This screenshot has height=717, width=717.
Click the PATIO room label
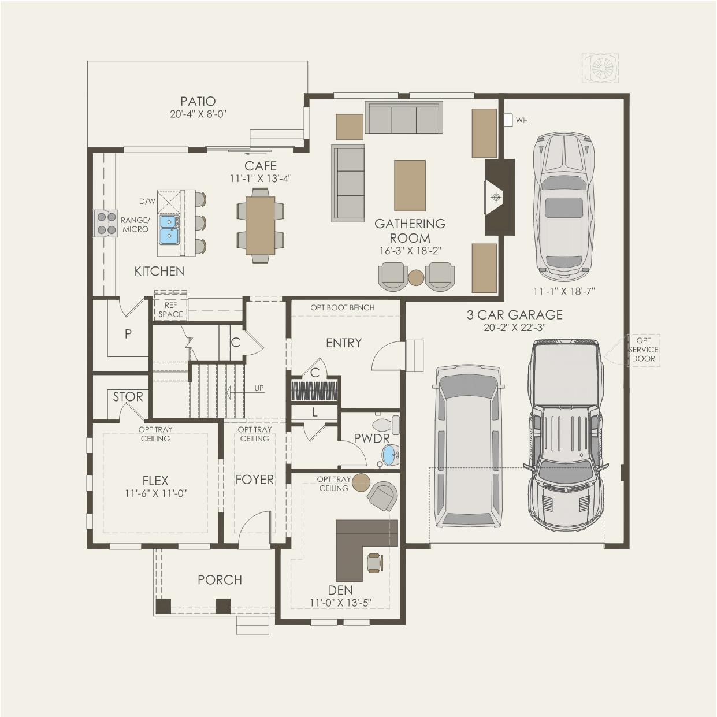(198, 101)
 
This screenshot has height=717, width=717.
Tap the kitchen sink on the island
(170, 229)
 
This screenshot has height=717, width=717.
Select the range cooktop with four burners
(106, 223)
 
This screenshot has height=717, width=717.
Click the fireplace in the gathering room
(500, 197)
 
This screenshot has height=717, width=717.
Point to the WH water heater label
(522, 121)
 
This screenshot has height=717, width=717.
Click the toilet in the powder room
(386, 425)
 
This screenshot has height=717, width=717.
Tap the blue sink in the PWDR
(391, 454)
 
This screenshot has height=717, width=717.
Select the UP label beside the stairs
(259, 388)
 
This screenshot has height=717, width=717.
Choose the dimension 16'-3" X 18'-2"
(410, 251)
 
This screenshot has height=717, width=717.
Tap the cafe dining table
(261, 225)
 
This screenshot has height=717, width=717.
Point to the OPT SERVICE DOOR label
(643, 350)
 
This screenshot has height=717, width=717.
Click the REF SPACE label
(171, 310)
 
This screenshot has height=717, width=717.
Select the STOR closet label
(128, 397)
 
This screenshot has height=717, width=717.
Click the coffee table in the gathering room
(410, 185)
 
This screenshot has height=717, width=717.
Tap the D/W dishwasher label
(147, 201)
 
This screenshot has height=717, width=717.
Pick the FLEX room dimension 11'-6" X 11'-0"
(155, 493)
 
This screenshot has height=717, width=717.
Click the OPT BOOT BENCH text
(342, 307)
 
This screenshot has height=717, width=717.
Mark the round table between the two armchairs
(416, 277)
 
